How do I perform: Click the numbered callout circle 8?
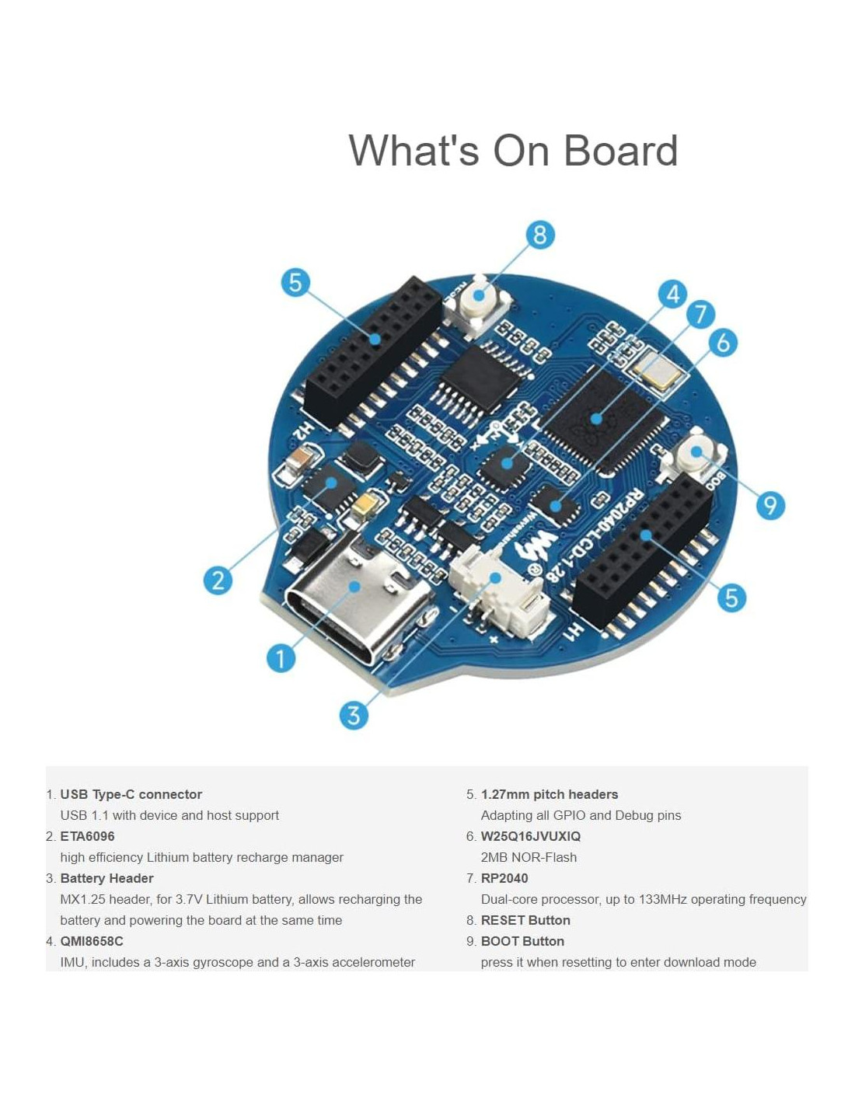coord(540,235)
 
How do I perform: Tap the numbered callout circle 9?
coord(770,506)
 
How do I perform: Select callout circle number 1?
coord(281,658)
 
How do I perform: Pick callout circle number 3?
coord(354,715)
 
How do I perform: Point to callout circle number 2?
coord(218,580)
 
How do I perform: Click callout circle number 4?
coord(672,294)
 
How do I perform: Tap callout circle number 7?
coord(700,315)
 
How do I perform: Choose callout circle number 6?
coord(723,342)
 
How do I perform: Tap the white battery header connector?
coord(497,591)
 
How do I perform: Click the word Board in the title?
coord(620,151)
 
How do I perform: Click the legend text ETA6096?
coord(87,836)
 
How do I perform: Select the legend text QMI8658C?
coord(92,941)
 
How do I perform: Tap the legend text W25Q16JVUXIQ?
coord(530,836)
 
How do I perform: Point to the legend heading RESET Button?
coord(525,920)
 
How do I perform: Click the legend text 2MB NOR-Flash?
coord(529,857)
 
